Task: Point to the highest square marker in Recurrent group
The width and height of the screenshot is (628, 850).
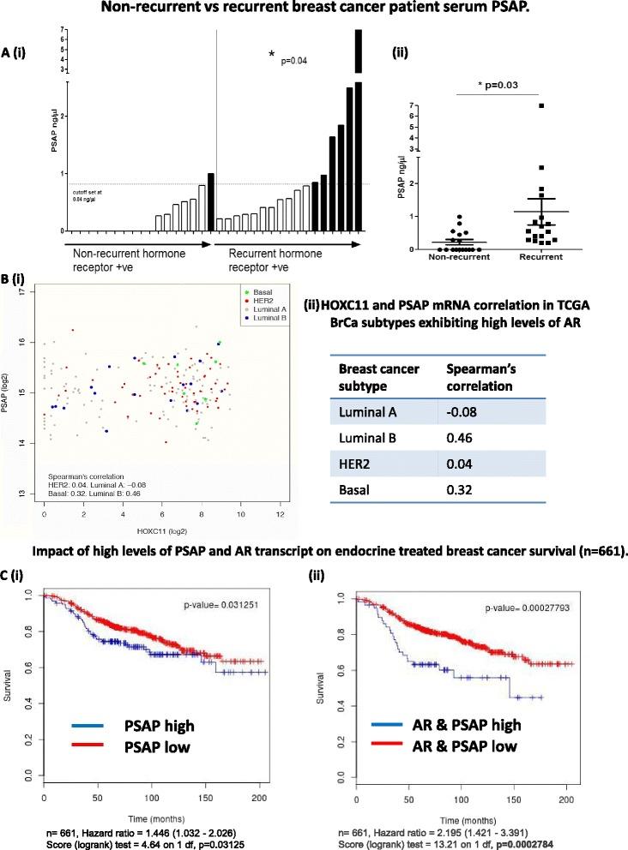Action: (518, 105)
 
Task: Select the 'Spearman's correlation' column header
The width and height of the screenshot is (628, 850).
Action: (483, 376)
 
